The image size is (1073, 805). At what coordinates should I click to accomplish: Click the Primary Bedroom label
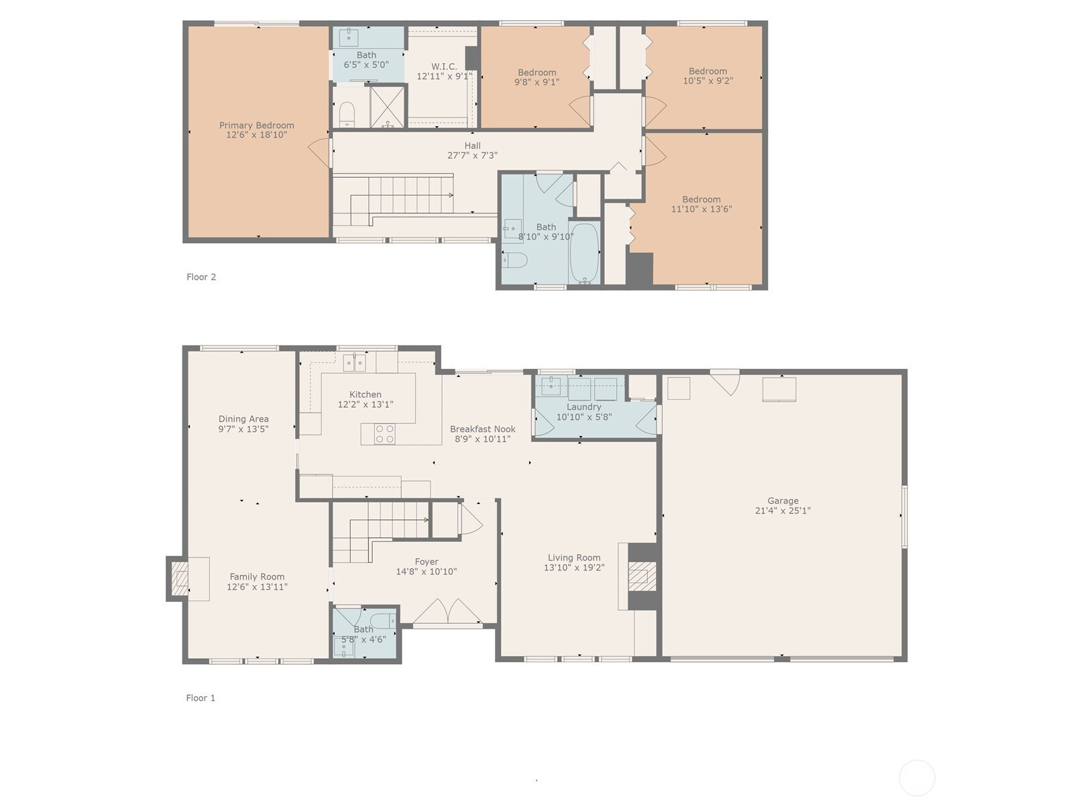tap(256, 125)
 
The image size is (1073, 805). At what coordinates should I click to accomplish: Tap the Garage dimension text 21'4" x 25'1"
tap(783, 511)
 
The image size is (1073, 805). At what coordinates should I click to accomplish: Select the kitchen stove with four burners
tap(385, 433)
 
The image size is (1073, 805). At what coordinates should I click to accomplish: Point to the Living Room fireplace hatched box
tap(641, 576)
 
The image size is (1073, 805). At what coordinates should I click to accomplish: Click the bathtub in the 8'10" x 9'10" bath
tap(584, 253)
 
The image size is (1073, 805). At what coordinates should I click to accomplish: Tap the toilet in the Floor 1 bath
tap(384, 621)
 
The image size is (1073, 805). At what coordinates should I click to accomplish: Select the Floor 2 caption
tap(201, 276)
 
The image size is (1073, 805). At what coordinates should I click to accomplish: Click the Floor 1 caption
tap(201, 698)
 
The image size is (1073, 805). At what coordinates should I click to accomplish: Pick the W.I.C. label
tap(444, 66)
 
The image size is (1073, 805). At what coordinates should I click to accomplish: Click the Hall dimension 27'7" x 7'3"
tap(472, 156)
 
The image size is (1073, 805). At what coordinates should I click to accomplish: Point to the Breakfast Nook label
tap(482, 429)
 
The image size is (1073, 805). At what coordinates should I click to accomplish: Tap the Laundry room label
tap(583, 407)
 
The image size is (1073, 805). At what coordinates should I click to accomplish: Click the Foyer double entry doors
tap(448, 611)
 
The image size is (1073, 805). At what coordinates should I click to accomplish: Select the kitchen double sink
tap(354, 363)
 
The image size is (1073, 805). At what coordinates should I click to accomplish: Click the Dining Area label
tap(243, 419)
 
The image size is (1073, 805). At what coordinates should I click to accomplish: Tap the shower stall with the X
tap(387, 107)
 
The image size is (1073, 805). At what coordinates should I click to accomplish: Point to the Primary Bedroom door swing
tap(320, 152)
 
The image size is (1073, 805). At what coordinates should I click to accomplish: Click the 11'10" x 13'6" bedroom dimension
tap(701, 209)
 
